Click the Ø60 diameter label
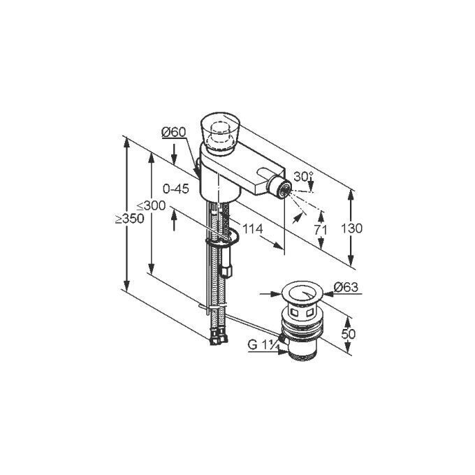click(173, 132)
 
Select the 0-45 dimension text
click(176, 189)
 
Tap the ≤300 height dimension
click(151, 205)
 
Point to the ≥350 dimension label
click(130, 219)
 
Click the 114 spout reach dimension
click(253, 229)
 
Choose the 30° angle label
click(303, 176)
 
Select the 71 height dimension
click(321, 231)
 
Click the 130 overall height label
click(351, 228)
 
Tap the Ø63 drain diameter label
click(346, 286)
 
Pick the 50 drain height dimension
click(348, 334)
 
